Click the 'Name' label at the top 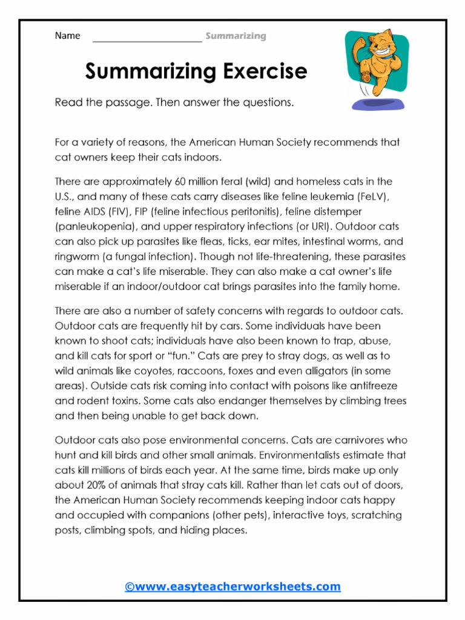(x=67, y=36)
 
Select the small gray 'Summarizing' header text (x=236, y=36)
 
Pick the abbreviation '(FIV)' (x=124, y=212)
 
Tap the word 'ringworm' (x=76, y=256)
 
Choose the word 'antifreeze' (x=369, y=386)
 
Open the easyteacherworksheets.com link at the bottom (x=232, y=586)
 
